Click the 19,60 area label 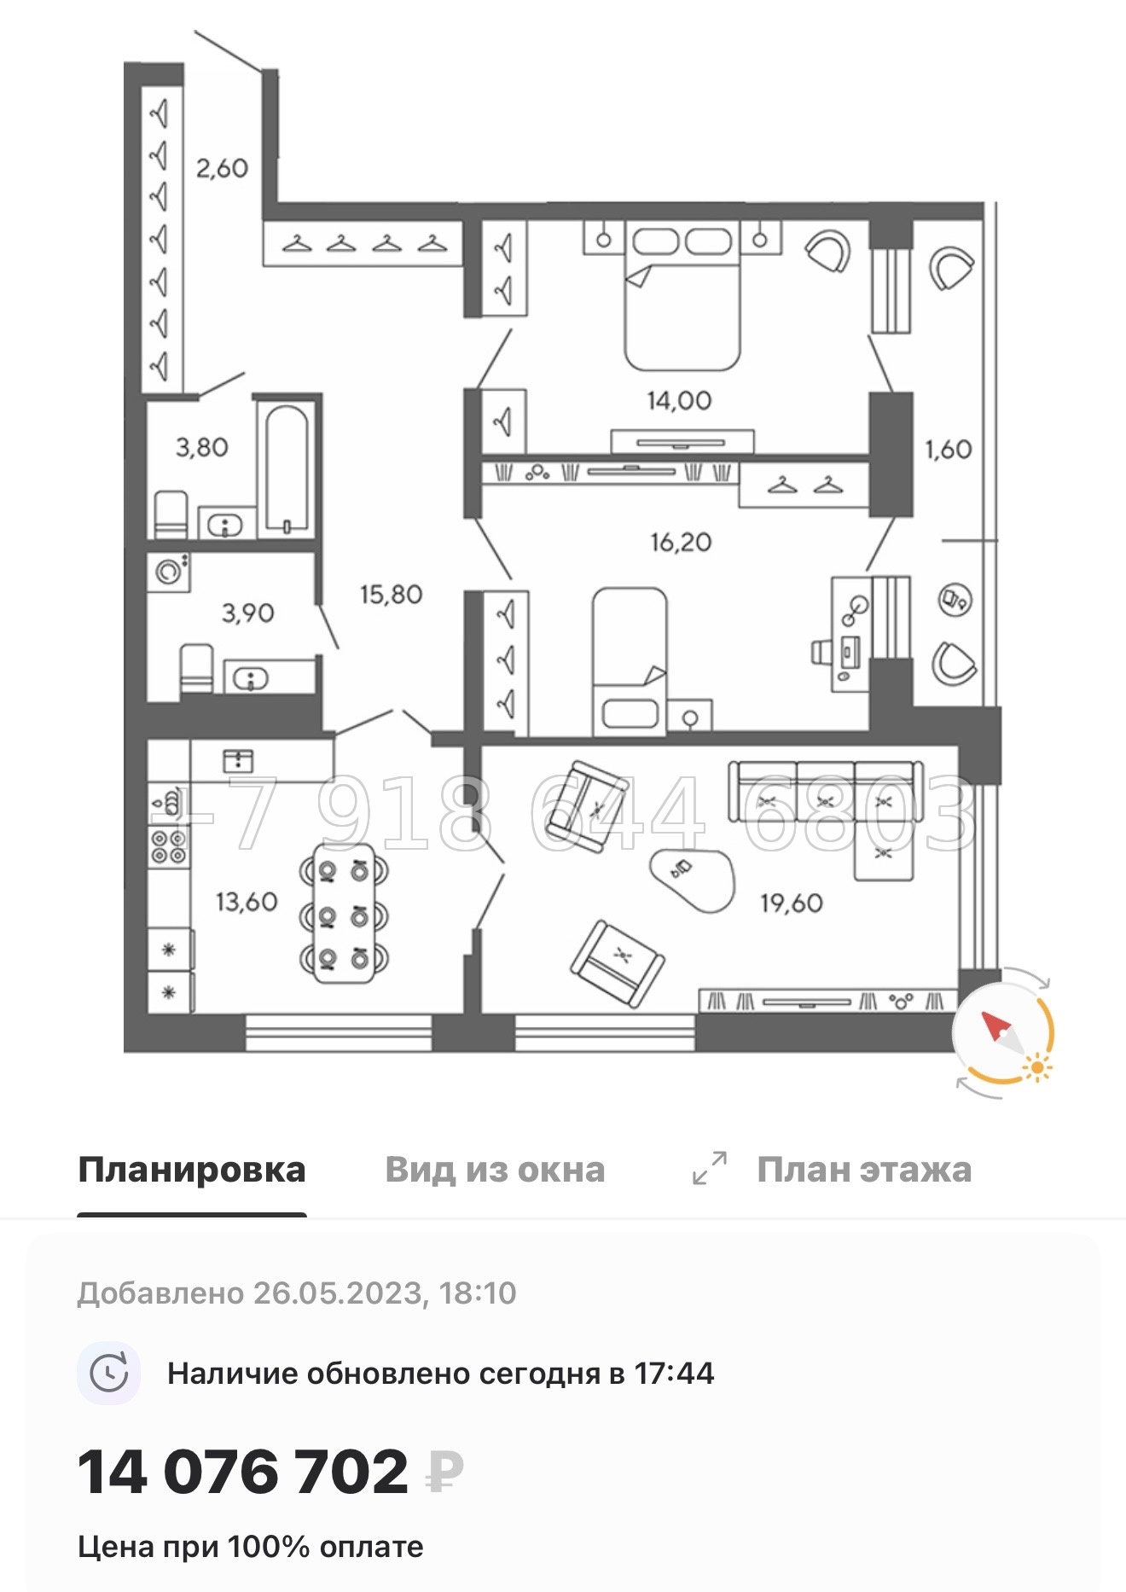point(792,903)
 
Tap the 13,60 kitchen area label point(247,902)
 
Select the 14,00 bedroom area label point(679,400)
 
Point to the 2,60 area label point(222,168)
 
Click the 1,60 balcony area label point(949,449)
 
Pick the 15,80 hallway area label point(391,595)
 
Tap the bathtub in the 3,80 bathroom point(287,469)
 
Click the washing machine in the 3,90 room point(169,572)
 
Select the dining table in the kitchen point(344,914)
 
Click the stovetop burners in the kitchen point(168,846)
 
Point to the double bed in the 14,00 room point(682,299)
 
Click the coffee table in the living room point(691,880)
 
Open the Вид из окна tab point(495,1170)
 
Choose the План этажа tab point(863,1170)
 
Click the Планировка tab point(192,1170)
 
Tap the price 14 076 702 point(244,1473)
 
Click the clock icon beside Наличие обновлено point(109,1374)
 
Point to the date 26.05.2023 point(338,1293)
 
